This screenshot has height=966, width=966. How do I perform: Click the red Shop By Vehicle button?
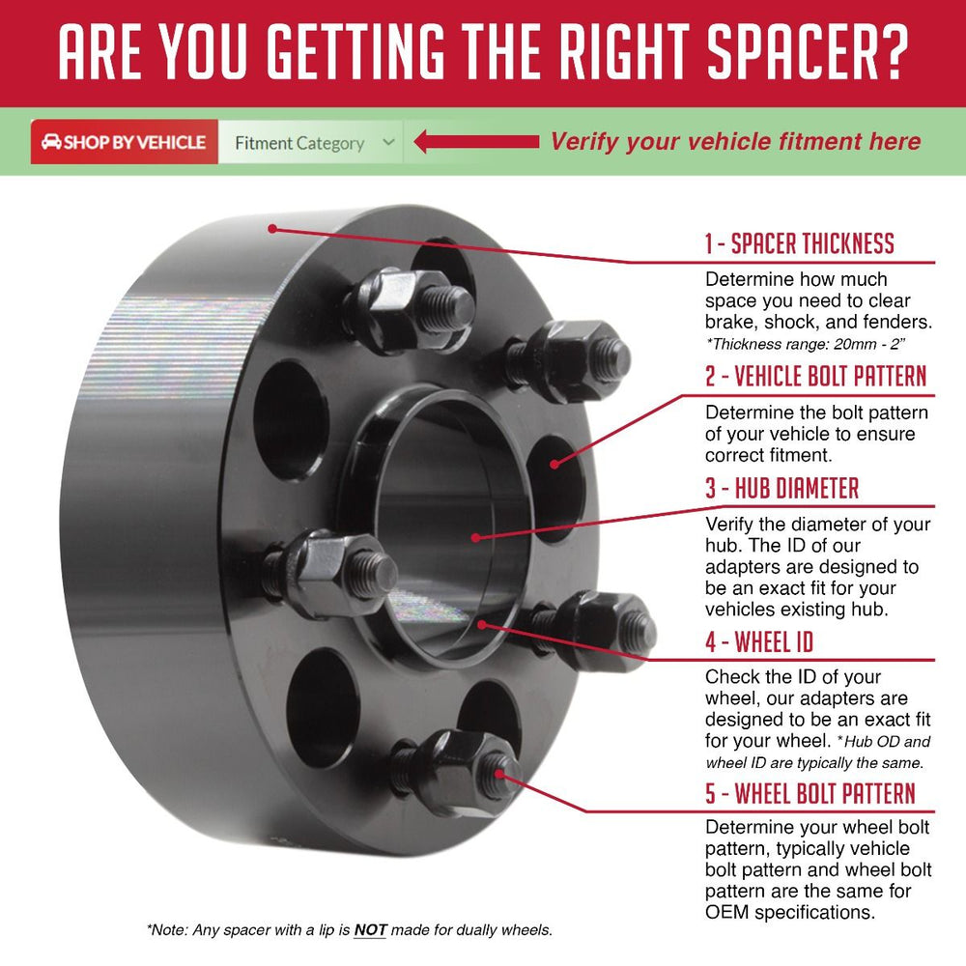(x=125, y=142)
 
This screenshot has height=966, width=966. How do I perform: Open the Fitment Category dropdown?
(x=310, y=142)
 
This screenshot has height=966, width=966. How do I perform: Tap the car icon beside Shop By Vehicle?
(x=51, y=142)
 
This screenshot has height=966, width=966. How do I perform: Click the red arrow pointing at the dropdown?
(x=476, y=142)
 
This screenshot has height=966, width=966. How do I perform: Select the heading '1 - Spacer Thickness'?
(x=799, y=243)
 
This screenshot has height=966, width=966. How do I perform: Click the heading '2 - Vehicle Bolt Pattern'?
(x=815, y=376)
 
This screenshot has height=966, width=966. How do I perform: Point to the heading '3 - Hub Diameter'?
(x=781, y=488)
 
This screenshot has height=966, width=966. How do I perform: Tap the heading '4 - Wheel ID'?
(x=759, y=642)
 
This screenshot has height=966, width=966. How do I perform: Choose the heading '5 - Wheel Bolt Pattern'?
(x=810, y=793)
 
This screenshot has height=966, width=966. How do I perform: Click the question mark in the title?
(x=892, y=52)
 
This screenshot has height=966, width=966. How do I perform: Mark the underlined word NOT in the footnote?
(x=370, y=929)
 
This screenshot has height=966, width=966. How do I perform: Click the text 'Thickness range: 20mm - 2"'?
(x=806, y=344)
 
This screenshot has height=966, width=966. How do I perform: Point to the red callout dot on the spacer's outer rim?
(x=272, y=229)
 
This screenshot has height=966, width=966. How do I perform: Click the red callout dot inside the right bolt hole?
(x=554, y=464)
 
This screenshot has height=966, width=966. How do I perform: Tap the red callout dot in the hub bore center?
(x=475, y=537)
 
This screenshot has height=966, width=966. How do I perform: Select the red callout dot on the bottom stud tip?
(x=497, y=775)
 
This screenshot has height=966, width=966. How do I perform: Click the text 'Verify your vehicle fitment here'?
(x=735, y=142)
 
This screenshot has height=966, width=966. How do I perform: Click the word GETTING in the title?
(x=356, y=52)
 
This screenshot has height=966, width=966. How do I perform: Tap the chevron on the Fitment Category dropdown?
(x=388, y=142)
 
